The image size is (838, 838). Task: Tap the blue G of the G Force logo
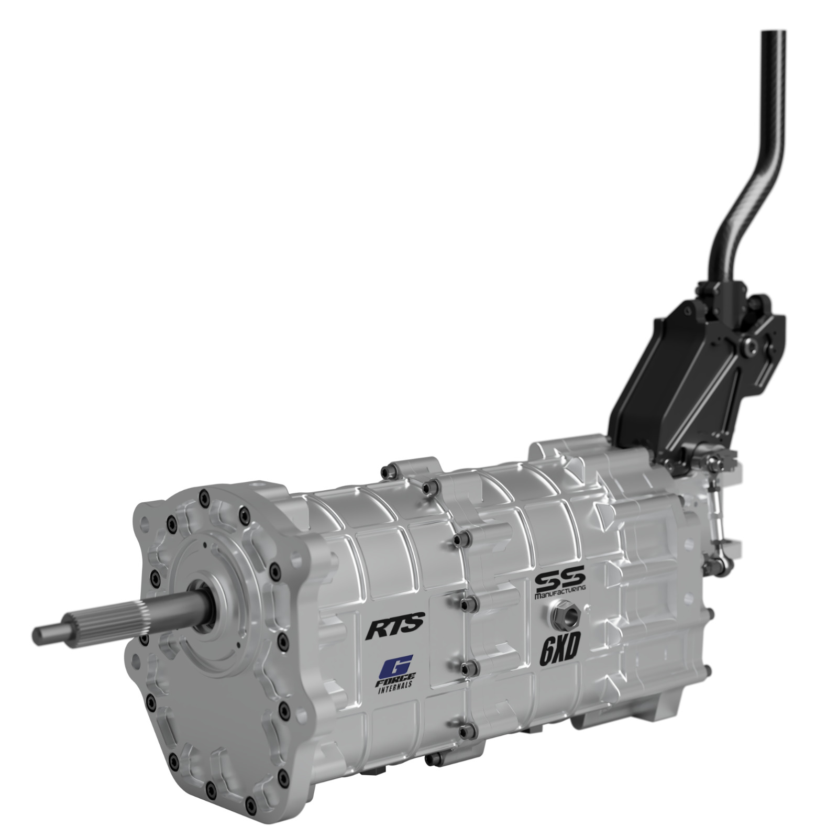(396, 667)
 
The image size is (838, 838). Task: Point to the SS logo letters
(559, 581)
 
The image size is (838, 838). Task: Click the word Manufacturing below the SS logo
(560, 595)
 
